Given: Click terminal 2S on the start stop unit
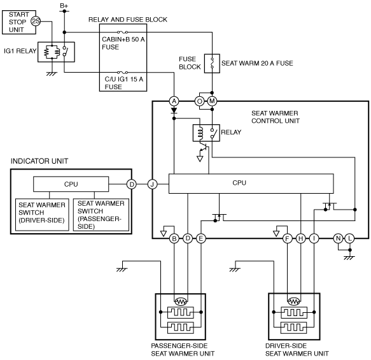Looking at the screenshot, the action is (36, 22).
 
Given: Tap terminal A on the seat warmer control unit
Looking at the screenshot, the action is (174, 101).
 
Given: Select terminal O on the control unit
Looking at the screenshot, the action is (199, 101).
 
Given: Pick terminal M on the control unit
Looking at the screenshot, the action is (212, 101).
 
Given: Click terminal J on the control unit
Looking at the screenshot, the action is (152, 184).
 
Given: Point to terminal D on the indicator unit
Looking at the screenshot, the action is (132, 184).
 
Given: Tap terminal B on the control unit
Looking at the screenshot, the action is (174, 238).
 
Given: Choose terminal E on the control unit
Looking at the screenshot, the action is (201, 238).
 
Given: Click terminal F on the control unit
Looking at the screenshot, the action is (287, 238).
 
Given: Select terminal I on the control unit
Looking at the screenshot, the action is (314, 238).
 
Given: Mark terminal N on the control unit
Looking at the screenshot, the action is (339, 238).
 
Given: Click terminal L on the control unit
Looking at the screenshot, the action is (350, 238).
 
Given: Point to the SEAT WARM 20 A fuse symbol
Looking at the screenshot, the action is (212, 63).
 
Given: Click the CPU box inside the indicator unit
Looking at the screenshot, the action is (71, 184).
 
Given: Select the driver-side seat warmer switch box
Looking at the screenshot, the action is (42, 215).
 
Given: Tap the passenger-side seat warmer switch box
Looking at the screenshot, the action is (101, 215).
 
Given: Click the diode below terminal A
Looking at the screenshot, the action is (174, 110).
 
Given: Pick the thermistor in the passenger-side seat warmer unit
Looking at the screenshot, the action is (181, 301).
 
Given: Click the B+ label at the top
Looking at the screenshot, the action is (64, 6).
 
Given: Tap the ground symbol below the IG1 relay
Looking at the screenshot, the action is (52, 74).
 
